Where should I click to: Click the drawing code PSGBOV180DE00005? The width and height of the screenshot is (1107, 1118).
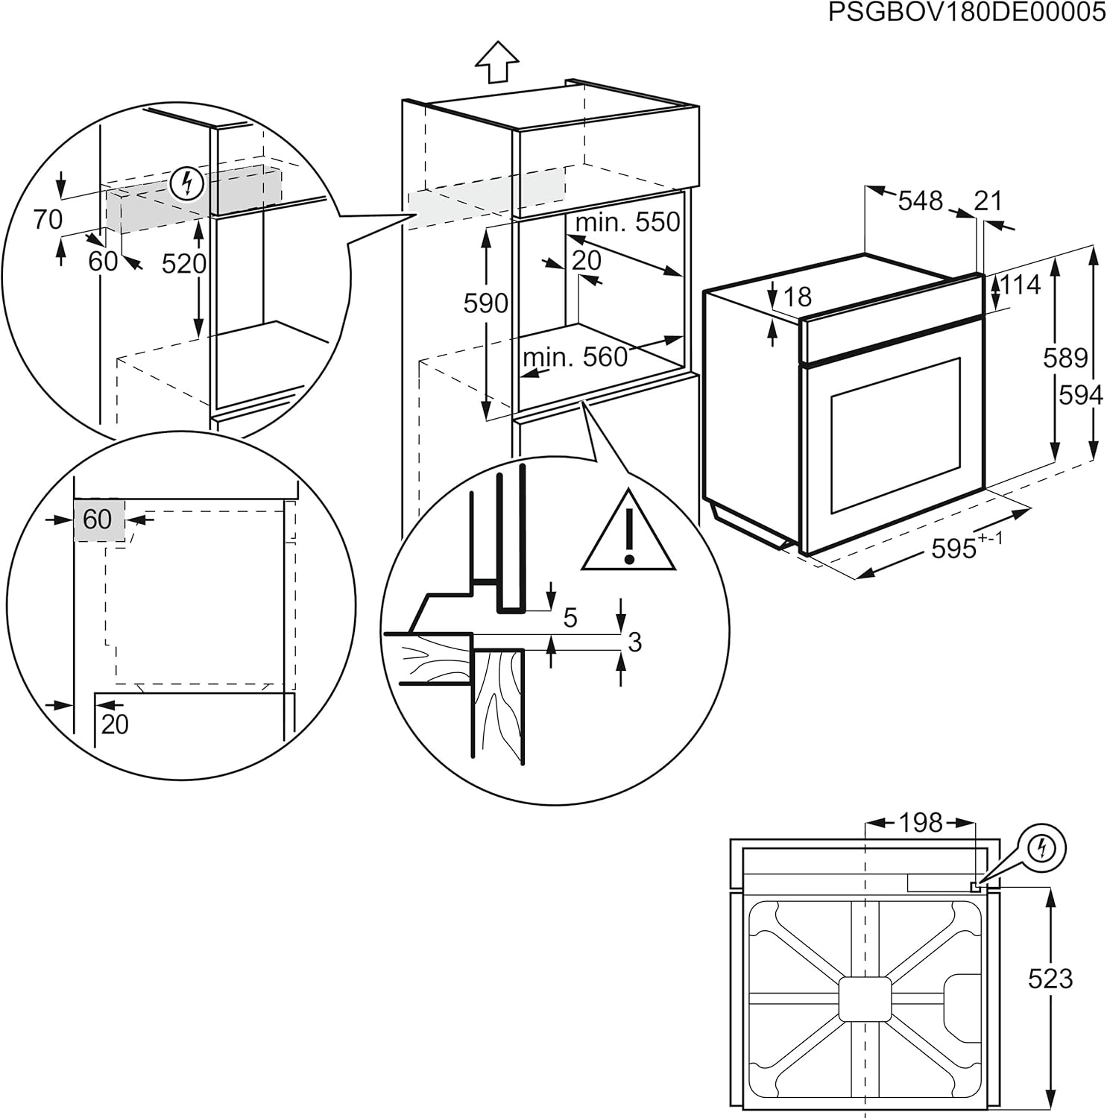(967, 13)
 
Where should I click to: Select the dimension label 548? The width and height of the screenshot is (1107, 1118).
(920, 200)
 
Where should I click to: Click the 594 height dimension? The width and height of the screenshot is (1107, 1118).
(1080, 395)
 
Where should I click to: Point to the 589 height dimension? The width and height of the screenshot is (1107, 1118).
(1065, 358)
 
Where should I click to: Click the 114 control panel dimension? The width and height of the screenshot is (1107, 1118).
(1021, 285)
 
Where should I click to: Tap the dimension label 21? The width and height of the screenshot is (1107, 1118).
(988, 200)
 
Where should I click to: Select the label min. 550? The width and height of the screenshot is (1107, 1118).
(628, 221)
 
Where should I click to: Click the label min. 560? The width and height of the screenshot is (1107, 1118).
(575, 358)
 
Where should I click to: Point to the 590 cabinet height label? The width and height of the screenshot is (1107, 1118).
(486, 303)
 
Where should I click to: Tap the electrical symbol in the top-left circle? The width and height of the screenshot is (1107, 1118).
(187, 183)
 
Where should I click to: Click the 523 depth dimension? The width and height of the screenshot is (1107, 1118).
(1050, 978)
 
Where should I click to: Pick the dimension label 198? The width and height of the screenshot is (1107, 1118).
(921, 823)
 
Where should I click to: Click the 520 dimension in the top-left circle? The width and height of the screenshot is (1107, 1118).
(183, 263)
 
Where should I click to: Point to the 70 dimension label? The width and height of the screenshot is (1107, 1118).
(48, 219)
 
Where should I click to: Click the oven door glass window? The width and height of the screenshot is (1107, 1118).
(895, 435)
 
